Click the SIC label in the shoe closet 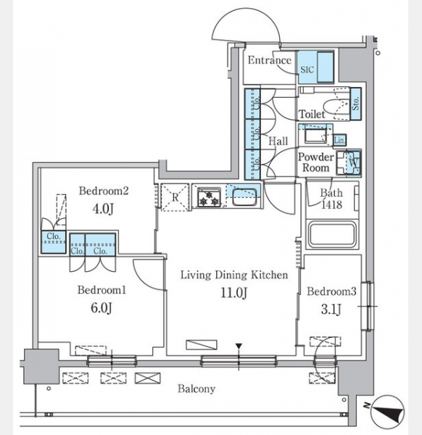coord(307,70)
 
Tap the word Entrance coord(270,60)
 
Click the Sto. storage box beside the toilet coord(356,104)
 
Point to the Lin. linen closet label coord(339,141)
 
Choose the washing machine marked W coord(349,163)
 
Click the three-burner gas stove coord(210,197)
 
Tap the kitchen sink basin coord(244,197)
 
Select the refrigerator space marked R coord(175,197)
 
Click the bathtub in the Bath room coord(332,234)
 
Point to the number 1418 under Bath coord(331,204)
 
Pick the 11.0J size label coord(233,292)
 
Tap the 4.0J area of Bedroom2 coord(103,209)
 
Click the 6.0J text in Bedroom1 coord(102,307)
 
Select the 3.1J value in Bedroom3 coord(331,309)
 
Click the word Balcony coord(196,389)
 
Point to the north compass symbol coord(388,411)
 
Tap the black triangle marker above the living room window coord(239,347)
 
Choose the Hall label coord(278,141)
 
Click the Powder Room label coord(315,162)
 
